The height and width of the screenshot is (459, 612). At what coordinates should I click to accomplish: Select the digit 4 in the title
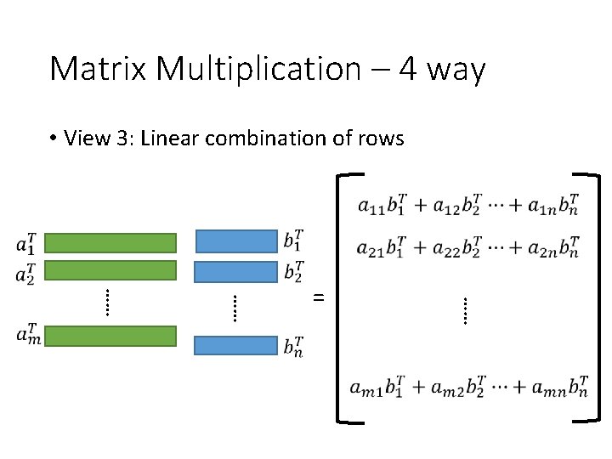tap(408, 68)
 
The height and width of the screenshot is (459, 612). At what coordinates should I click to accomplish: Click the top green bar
tap(110, 243)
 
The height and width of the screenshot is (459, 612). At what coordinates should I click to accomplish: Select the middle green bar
tap(110, 271)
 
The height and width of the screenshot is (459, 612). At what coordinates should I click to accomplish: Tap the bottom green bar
tap(110, 337)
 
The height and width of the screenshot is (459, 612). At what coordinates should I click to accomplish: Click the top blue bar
tap(236, 241)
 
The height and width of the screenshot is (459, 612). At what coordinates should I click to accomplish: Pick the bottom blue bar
tap(236, 345)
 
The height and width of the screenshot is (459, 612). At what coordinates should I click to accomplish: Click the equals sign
tap(319, 297)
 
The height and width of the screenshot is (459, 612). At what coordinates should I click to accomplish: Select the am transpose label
tap(28, 333)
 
